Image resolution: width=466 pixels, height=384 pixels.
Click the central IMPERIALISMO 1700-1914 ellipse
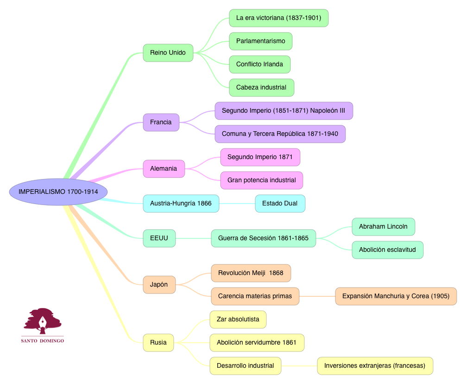(58, 192)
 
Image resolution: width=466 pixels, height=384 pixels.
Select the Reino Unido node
(168, 53)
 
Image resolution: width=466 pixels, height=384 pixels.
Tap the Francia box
(161, 122)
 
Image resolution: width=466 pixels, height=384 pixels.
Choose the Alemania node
(164, 169)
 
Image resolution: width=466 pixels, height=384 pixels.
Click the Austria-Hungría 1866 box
(181, 204)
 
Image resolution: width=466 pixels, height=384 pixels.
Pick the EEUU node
(159, 238)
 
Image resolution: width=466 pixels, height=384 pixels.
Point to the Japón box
(159, 284)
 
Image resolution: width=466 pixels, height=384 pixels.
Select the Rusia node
(158, 343)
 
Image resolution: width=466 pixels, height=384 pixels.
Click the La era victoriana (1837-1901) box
(278, 18)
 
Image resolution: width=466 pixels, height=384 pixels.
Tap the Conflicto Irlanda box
(259, 64)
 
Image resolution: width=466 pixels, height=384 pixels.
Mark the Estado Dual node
(280, 204)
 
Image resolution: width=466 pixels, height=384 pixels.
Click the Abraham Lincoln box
(383, 227)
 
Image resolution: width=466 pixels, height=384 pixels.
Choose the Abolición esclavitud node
(387, 250)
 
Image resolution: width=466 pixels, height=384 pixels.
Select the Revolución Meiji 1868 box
(251, 273)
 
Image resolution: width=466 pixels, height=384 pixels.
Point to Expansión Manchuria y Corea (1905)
(396, 296)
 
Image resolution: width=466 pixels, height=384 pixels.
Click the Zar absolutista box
(238, 320)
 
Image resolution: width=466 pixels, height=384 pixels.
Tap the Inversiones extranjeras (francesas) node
(374, 366)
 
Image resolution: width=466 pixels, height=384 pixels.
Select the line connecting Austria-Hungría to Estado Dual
(237, 204)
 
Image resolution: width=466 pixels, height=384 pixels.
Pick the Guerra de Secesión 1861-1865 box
(263, 238)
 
